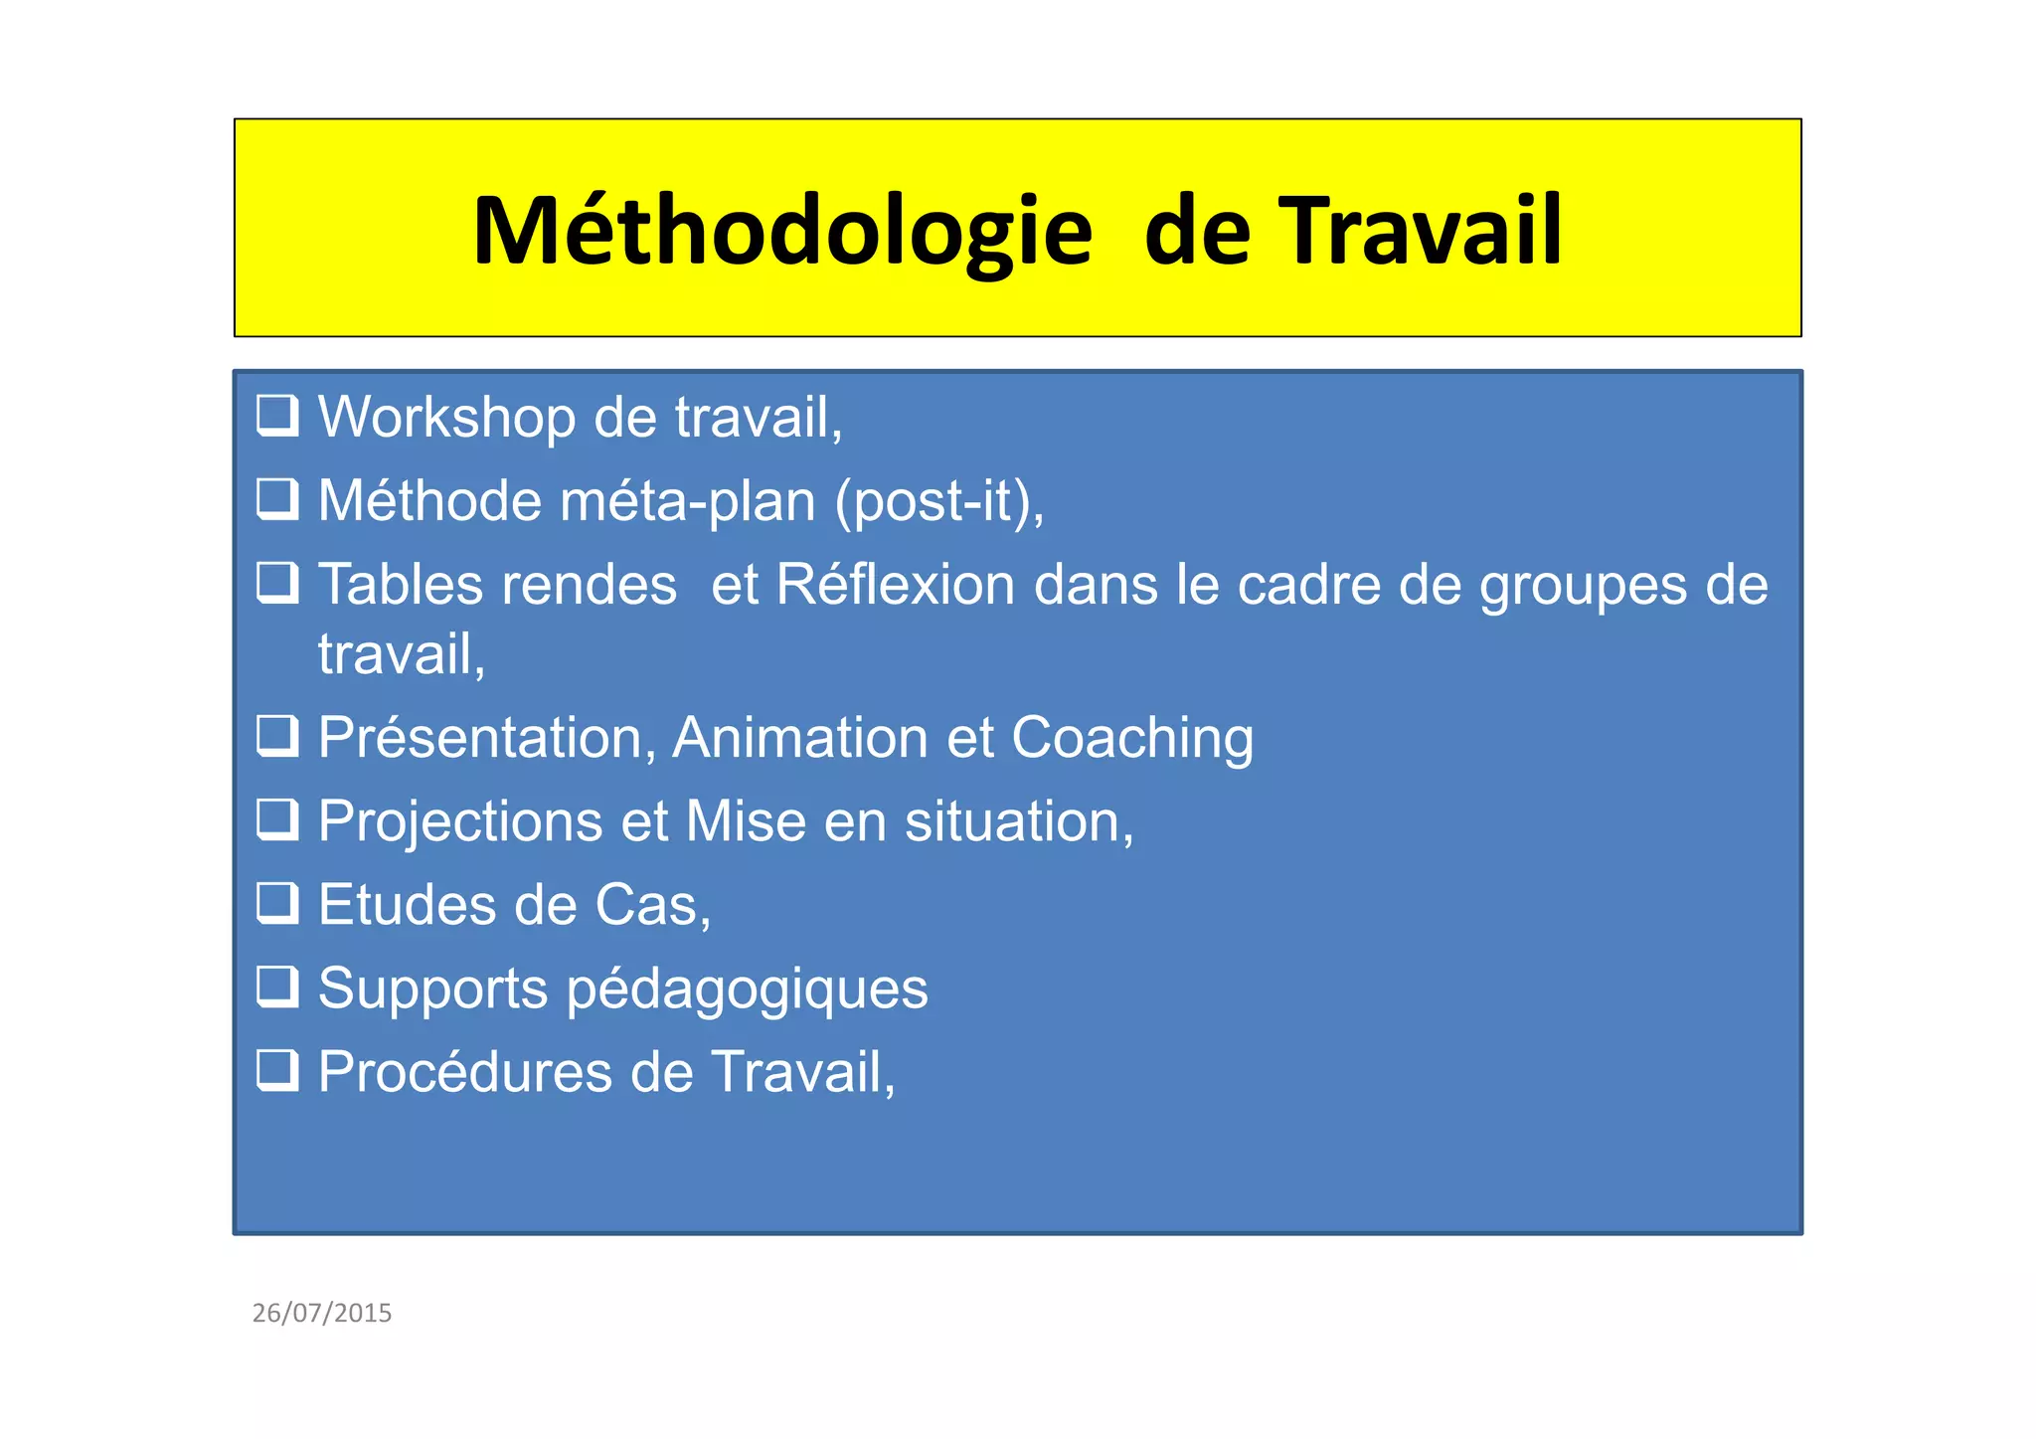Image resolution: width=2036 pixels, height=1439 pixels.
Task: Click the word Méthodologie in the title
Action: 782,232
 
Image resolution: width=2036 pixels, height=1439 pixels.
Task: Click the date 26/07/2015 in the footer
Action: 322,1313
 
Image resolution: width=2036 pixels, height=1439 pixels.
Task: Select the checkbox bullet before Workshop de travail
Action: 277,416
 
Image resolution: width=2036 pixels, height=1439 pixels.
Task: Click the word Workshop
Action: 446,417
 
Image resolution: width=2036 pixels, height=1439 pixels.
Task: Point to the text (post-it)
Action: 938,500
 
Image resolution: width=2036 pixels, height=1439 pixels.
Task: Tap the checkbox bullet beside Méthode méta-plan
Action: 277,499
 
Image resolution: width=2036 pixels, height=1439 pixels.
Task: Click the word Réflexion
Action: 895,584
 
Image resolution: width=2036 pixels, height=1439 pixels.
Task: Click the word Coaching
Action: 1132,738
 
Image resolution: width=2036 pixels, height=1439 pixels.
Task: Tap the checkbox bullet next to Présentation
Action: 277,737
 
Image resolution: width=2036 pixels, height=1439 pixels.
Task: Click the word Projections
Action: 460,821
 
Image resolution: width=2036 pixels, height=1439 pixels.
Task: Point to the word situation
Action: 1018,821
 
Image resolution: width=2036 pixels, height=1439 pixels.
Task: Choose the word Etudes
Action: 408,905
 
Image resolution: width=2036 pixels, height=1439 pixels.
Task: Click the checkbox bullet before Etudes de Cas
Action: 277,904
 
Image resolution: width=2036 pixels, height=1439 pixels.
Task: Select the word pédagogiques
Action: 747,989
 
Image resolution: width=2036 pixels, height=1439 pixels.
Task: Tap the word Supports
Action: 432,989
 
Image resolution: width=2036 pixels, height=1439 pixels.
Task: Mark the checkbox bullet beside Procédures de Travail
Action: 277,1071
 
